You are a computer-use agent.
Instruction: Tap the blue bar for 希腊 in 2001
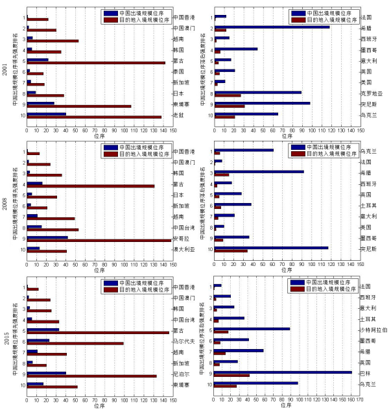272,27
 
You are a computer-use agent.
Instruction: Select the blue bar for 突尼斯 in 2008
272,247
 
